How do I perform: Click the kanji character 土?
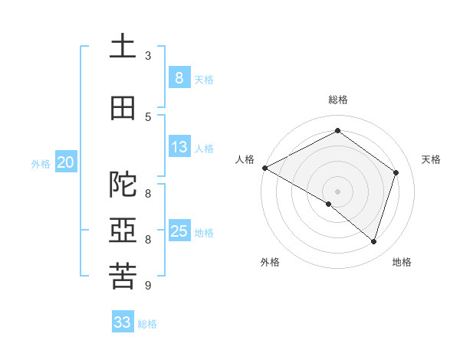(123, 47)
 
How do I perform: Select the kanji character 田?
(123, 108)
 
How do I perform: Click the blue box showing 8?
(179, 77)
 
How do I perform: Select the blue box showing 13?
(179, 147)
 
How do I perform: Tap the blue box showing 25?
(179, 231)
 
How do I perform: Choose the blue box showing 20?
(66, 162)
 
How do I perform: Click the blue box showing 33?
(123, 322)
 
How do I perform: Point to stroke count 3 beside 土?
(148, 56)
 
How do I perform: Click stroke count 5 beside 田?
(148, 116)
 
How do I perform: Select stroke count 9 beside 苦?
(148, 286)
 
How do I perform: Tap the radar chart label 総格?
(337, 100)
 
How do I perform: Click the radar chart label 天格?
(431, 159)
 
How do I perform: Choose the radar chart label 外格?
(270, 262)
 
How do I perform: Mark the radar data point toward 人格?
(264, 168)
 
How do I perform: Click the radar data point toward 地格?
(373, 241)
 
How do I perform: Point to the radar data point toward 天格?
(396, 172)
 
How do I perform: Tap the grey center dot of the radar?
(337, 191)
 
